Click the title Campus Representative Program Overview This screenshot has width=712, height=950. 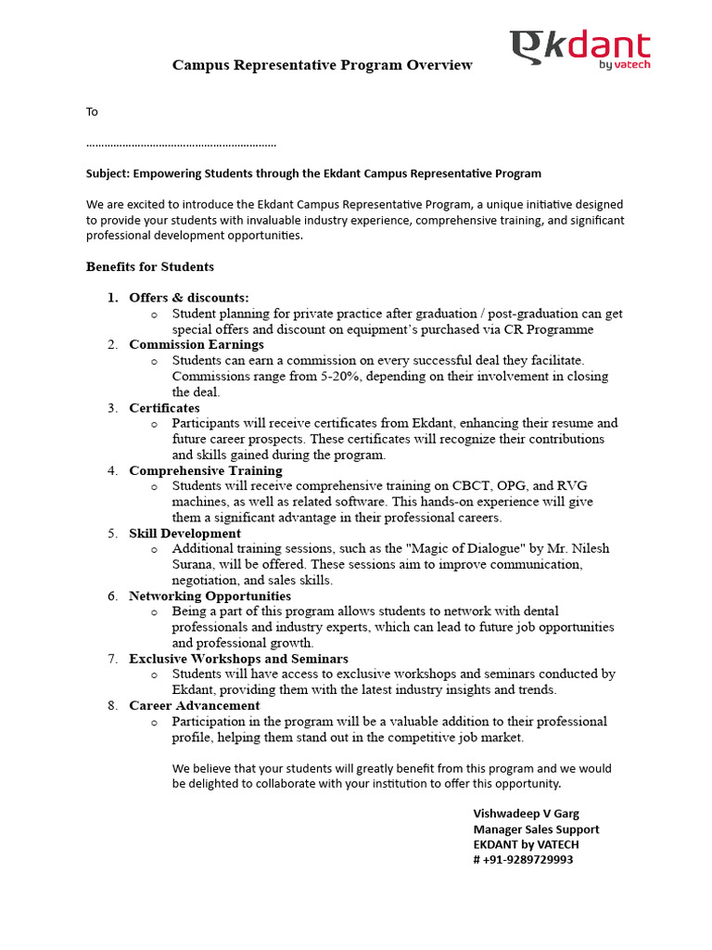coord(323,65)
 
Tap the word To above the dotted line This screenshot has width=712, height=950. coord(92,112)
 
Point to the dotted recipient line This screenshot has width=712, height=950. coord(181,145)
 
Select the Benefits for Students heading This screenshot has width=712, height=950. coord(150,267)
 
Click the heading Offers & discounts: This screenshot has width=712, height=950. coord(189,298)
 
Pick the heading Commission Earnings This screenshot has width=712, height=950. coord(197,345)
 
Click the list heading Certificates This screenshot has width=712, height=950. coord(164,408)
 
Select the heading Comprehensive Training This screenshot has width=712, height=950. coord(206,470)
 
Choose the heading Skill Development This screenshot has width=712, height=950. coord(184,533)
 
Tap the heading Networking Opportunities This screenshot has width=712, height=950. coord(210,597)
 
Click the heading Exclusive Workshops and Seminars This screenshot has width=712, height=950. coord(238,659)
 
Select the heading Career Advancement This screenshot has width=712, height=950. coord(195,706)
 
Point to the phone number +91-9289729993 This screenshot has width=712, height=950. coord(528,860)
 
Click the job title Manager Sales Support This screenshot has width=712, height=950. coord(536,829)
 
